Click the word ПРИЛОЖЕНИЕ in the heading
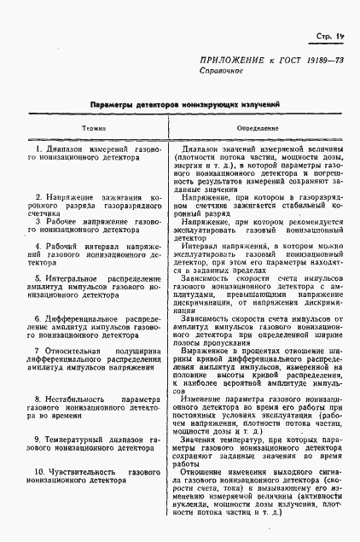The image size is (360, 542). pos(233,61)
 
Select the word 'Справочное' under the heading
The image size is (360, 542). pos(221,73)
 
